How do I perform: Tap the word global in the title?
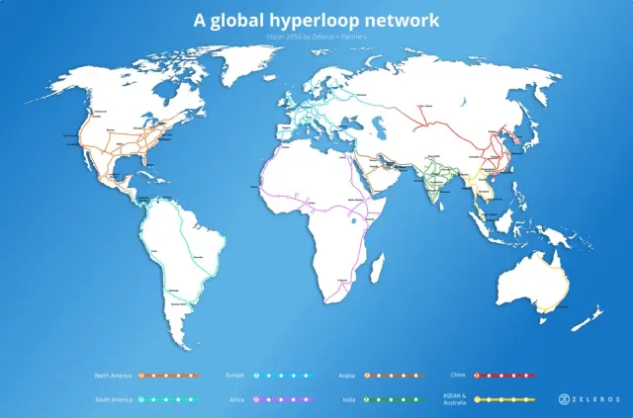click(x=236, y=19)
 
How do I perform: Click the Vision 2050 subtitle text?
click(x=316, y=36)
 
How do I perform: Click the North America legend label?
click(x=113, y=376)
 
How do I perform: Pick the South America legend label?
click(x=113, y=399)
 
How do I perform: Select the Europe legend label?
click(x=233, y=376)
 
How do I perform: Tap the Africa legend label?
click(x=235, y=399)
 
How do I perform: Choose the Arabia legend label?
click(x=346, y=376)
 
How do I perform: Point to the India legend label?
click(x=348, y=399)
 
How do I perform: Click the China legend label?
click(x=458, y=376)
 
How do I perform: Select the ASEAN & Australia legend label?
click(x=455, y=398)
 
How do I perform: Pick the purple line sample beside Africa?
click(x=282, y=399)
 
